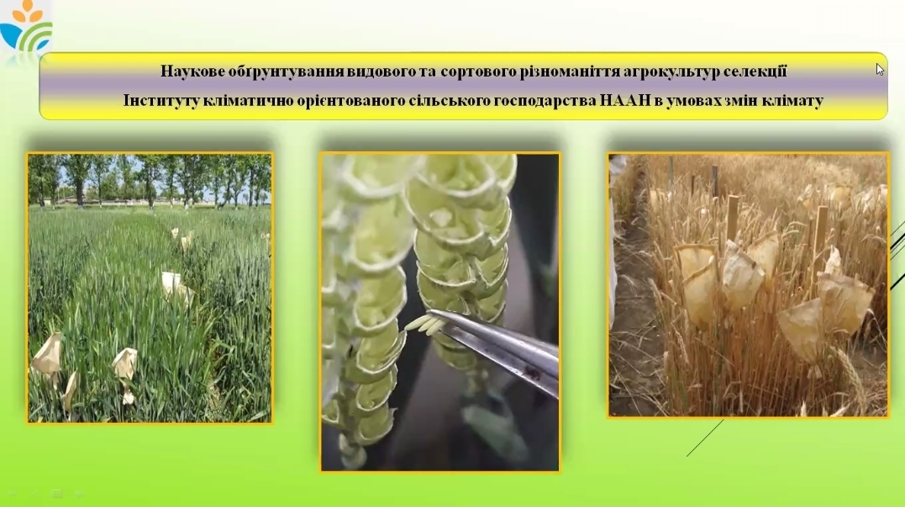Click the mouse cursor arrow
(880, 69)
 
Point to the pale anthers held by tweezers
(420, 324)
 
